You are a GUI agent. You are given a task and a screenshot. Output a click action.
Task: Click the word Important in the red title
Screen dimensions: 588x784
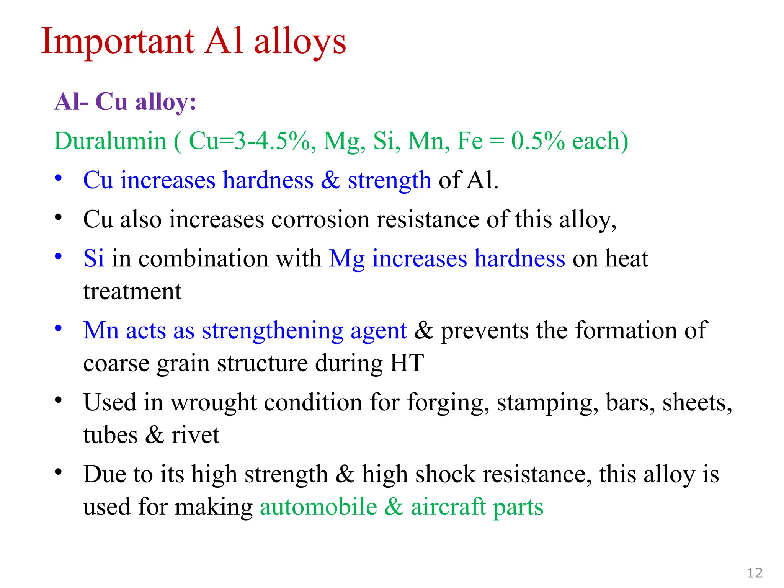[118, 41]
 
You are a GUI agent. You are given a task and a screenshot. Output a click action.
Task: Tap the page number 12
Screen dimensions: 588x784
[755, 573]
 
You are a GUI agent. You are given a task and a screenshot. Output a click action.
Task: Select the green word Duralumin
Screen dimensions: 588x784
[110, 141]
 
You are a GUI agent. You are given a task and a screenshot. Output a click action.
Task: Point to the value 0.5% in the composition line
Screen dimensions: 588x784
[538, 141]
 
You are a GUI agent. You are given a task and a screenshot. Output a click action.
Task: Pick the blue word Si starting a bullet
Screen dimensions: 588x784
[93, 258]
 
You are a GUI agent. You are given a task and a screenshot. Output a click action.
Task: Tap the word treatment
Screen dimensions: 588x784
[132, 292]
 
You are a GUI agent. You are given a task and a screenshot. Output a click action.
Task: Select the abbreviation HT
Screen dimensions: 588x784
[407, 363]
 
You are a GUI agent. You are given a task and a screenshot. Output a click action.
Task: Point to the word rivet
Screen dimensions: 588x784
[195, 435]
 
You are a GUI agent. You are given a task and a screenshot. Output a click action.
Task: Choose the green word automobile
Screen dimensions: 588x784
[318, 507]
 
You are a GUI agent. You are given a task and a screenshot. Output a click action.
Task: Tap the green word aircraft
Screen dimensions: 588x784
[448, 507]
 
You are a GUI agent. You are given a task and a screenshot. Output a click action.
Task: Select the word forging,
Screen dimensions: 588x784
[448, 403]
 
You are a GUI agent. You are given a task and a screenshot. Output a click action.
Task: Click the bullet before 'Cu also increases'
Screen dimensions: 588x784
[58, 218]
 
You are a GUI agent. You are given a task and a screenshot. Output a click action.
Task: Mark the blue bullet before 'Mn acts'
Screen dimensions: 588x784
[58, 328]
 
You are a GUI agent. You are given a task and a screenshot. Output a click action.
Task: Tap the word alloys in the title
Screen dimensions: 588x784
[300, 41]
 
